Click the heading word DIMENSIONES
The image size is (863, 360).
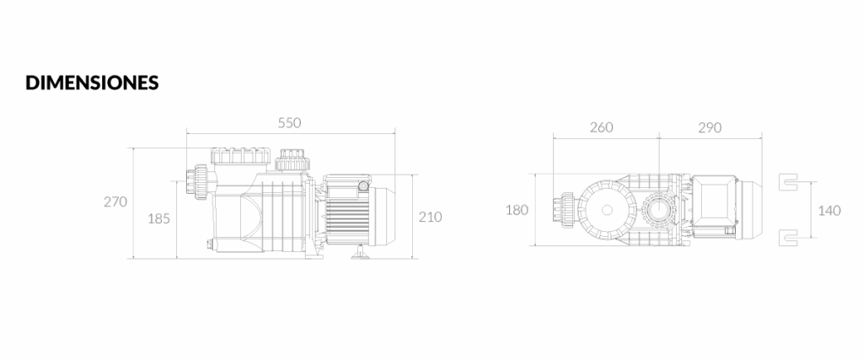click(92, 83)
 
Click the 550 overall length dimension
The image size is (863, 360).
click(290, 123)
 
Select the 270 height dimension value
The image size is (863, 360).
click(115, 201)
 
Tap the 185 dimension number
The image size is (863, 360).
click(159, 218)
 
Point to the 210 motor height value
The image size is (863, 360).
click(431, 217)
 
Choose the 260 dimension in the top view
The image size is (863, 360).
click(602, 127)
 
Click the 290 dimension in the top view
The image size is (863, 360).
click(710, 127)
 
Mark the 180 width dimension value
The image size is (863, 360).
click(517, 210)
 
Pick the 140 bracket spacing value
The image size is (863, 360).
click(829, 210)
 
